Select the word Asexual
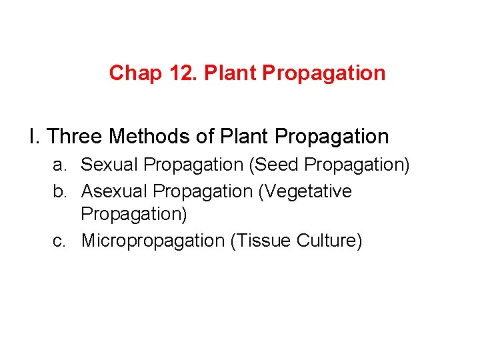tap(114, 191)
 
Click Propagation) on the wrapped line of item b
tap(134, 215)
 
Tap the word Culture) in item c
tap(326, 240)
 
